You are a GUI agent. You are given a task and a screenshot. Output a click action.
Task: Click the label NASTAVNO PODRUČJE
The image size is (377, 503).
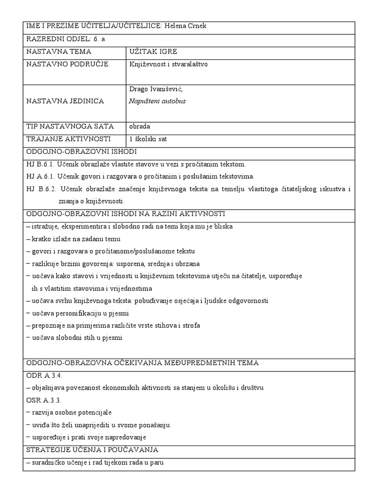pyautogui.click(x=67, y=64)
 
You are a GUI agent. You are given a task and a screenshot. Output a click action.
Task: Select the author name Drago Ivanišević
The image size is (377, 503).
pyautogui.click(x=156, y=88)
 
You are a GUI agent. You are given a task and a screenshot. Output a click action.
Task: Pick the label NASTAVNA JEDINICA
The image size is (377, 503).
pyautogui.click(x=65, y=101)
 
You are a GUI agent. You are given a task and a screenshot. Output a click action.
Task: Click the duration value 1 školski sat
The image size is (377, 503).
pyautogui.click(x=148, y=139)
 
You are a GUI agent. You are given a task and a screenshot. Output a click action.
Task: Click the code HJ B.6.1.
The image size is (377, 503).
pyautogui.click(x=40, y=164)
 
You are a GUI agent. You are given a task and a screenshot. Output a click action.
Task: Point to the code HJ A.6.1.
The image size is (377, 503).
pyautogui.click(x=40, y=176)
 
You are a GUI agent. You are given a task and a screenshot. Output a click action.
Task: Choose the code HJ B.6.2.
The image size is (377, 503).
pyautogui.click(x=40, y=189)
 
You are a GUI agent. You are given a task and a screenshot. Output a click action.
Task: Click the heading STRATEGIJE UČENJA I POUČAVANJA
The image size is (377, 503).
pyautogui.click(x=92, y=450)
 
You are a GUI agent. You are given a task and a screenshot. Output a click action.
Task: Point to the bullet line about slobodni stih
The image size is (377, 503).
pyautogui.click(x=74, y=337)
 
